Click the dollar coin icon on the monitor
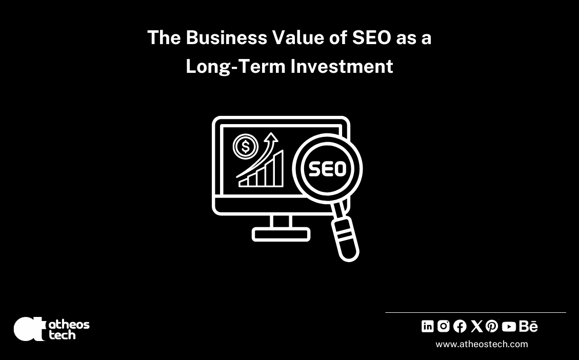[246, 147]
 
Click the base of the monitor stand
[281, 234]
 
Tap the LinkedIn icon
[428, 326]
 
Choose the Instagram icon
[444, 326]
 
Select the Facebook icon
[460, 326]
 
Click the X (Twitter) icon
[476, 326]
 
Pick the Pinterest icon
[492, 326]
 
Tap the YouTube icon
[509, 326]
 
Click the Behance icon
[528, 326]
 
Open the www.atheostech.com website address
[482, 344]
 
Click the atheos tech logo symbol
[30, 329]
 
